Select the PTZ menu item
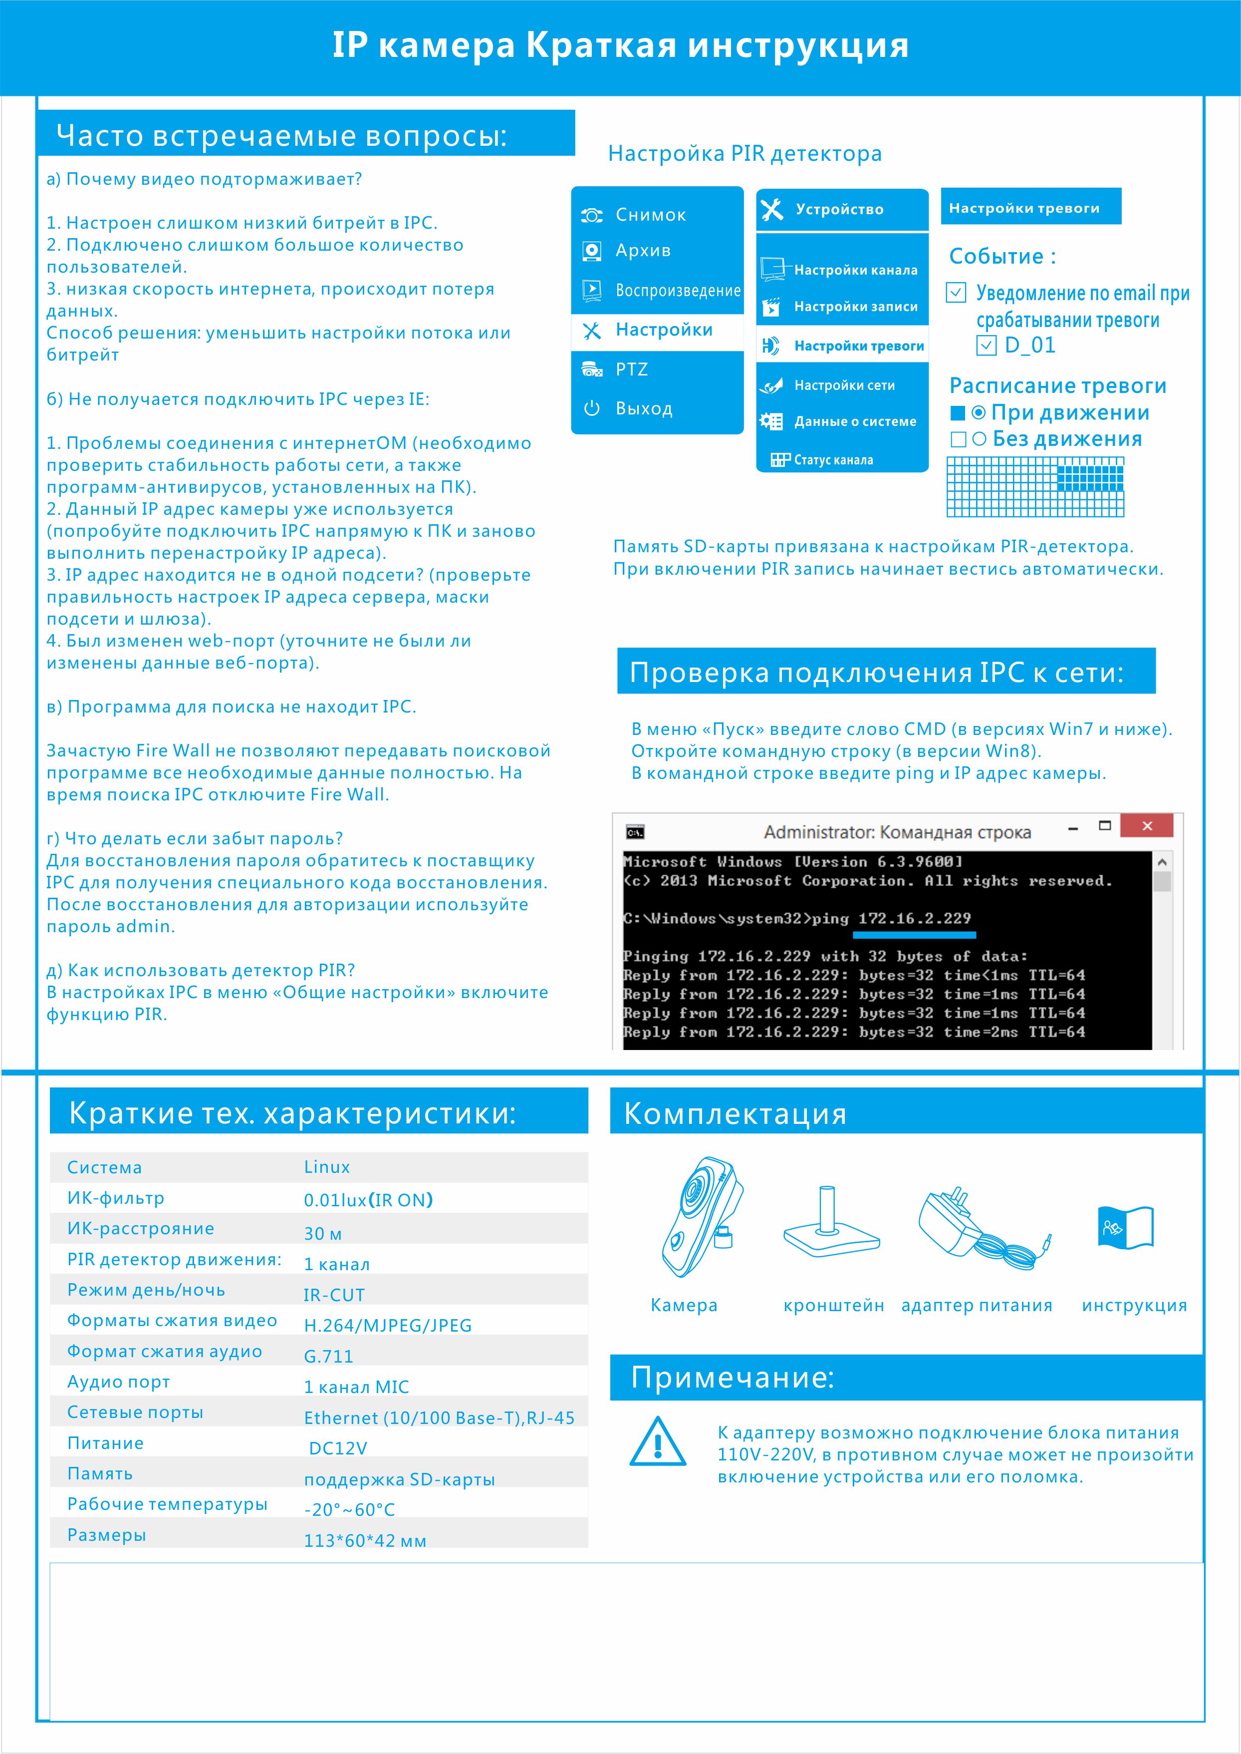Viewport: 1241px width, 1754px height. pyautogui.click(x=631, y=369)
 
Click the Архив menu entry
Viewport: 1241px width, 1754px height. pyautogui.click(x=643, y=251)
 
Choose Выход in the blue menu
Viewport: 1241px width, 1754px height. pyautogui.click(x=643, y=408)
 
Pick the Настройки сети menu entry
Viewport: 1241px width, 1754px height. pyautogui.click(x=844, y=385)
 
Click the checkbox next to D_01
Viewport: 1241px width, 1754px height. pyautogui.click(x=987, y=346)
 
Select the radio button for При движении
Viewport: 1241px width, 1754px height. pyautogui.click(x=978, y=413)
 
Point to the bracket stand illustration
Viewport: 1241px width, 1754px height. pyautogui.click(x=831, y=1223)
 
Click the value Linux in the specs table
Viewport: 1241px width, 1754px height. pyautogui.click(x=327, y=1167)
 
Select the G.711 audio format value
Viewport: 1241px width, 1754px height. pyautogui.click(x=329, y=1357)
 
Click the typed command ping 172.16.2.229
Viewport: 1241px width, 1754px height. pyautogui.click(x=891, y=918)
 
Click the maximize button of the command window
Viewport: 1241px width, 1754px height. pyautogui.click(x=1104, y=826)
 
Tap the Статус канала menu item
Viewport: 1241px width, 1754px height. pyautogui.click(x=833, y=459)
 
